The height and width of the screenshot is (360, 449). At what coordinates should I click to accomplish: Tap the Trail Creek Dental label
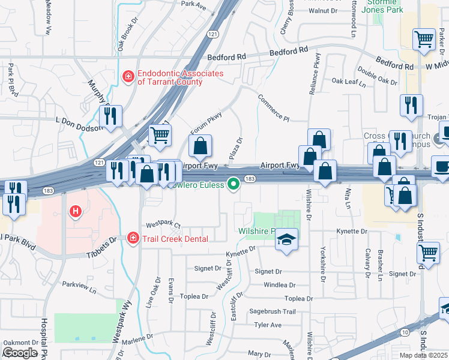click(175, 239)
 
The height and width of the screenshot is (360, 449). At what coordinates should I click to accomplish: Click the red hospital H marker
click(76, 211)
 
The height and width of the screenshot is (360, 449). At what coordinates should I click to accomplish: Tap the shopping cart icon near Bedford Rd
click(424, 40)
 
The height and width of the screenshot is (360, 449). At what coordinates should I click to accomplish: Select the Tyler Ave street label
click(268, 325)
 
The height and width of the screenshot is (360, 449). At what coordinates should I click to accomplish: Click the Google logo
click(20, 353)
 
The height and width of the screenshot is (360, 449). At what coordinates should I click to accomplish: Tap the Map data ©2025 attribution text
click(421, 355)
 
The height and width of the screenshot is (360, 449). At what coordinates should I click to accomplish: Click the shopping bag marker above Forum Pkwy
click(200, 145)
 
